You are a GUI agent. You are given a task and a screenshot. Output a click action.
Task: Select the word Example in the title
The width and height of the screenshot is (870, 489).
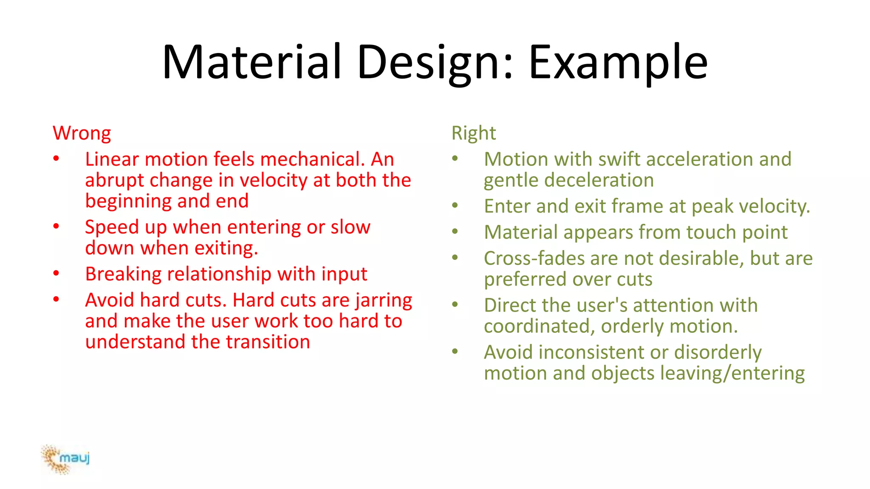pyautogui.click(x=618, y=63)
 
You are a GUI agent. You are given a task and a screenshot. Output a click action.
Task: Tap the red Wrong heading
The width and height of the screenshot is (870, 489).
pyautogui.click(x=82, y=133)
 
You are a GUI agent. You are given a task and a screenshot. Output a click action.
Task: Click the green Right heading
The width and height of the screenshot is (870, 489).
pyautogui.click(x=473, y=133)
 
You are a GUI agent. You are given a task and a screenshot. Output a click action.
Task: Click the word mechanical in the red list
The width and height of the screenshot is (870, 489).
pyautogui.click(x=313, y=160)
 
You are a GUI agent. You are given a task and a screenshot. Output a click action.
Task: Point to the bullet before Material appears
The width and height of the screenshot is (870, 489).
pyautogui.click(x=455, y=232)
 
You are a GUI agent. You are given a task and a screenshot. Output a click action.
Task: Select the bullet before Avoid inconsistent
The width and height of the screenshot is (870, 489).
pyautogui.click(x=455, y=351)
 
